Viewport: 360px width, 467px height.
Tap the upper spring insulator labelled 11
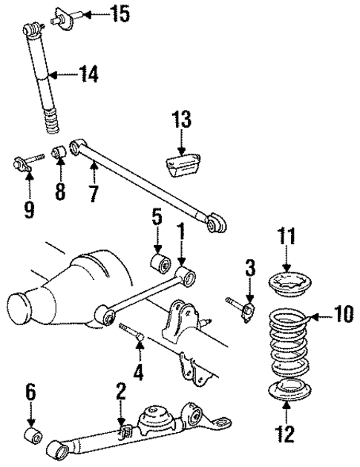pos(287,284)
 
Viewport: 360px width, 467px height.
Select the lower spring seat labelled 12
pos(286,391)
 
